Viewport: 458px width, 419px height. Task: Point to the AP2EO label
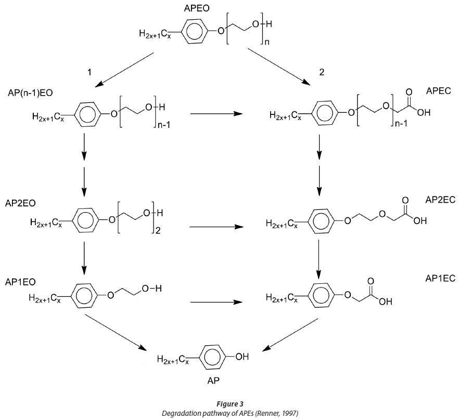pos(20,202)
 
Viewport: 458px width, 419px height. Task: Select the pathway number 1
pos(90,72)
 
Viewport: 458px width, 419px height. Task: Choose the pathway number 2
pos(322,72)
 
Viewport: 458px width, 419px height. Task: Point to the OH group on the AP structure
pos(243,357)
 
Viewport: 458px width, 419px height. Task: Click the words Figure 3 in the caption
pos(229,403)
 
